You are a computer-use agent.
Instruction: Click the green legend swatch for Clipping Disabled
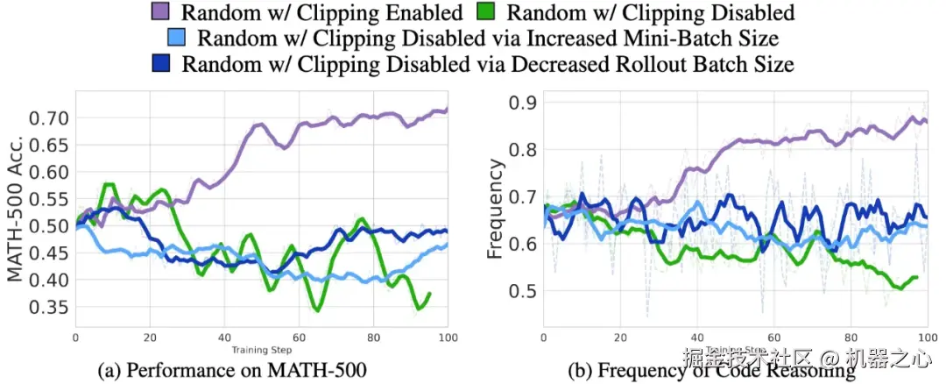click(494, 12)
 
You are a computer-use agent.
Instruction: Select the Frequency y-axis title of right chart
click(497, 208)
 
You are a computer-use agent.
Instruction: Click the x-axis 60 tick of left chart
click(300, 337)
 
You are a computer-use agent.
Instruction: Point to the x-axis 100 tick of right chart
click(924, 337)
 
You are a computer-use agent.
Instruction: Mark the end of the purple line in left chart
click(447, 110)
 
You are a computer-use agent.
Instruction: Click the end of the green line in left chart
click(429, 294)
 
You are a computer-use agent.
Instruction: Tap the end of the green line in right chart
click(916, 278)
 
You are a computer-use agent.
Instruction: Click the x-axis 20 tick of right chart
click(620, 337)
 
